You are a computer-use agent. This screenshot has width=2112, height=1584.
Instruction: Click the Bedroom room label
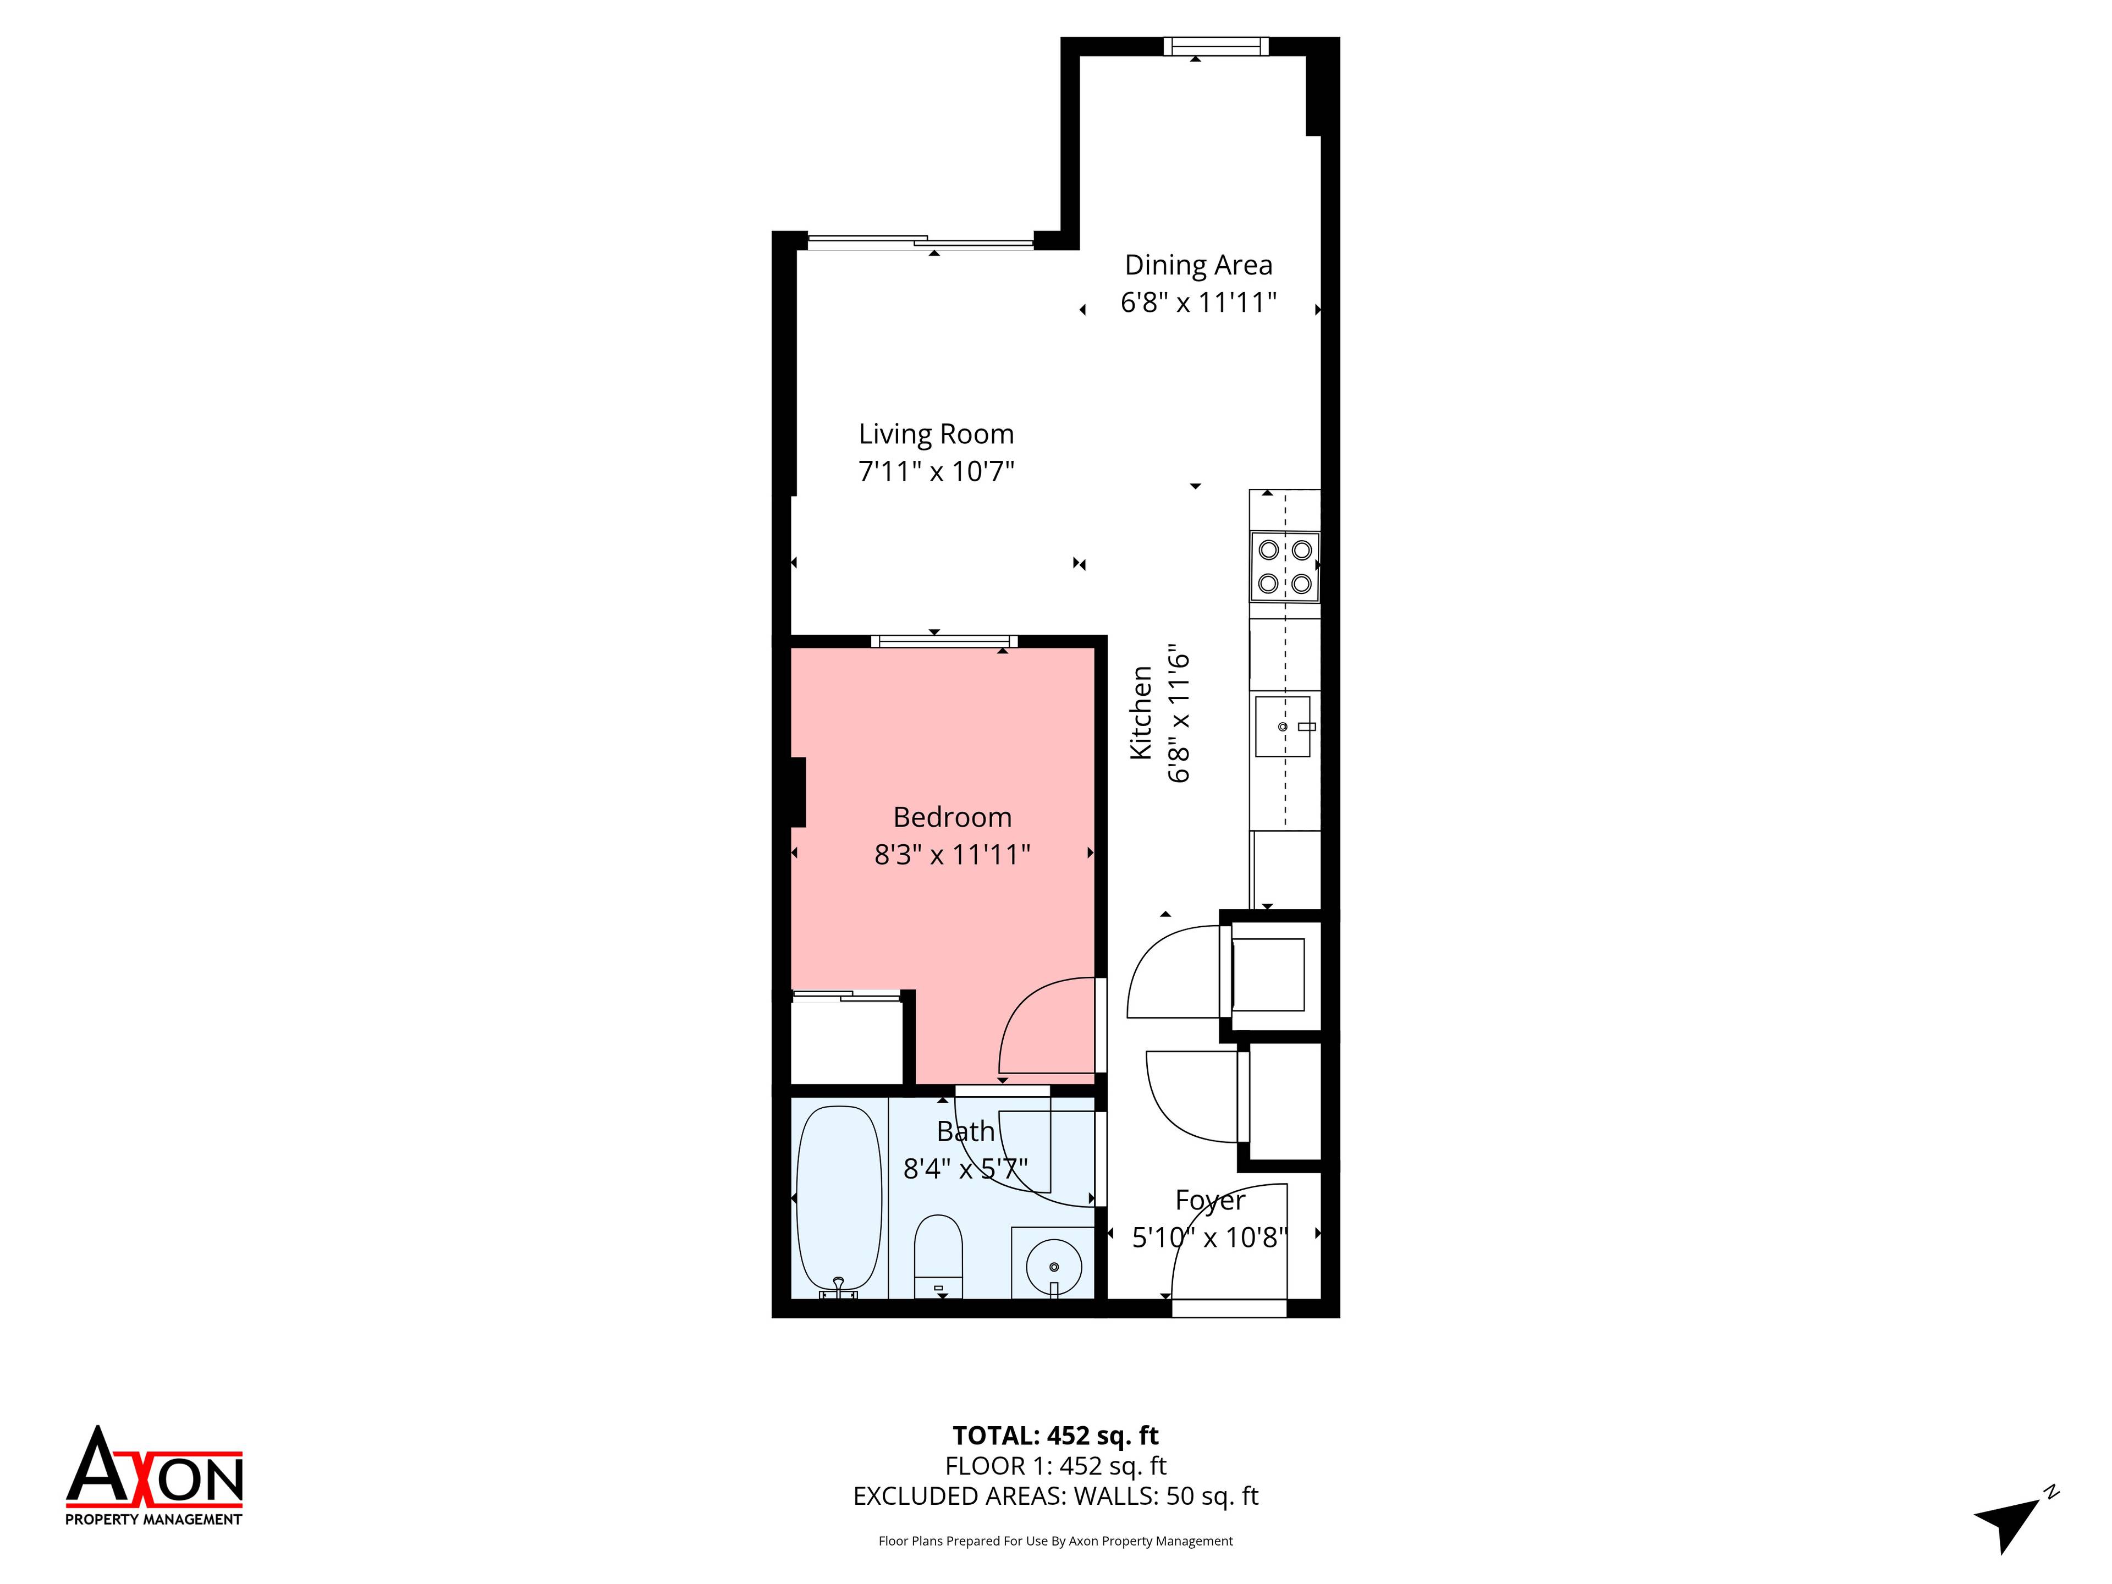click(952, 817)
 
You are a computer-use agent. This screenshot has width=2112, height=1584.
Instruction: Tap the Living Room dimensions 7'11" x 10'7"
click(936, 472)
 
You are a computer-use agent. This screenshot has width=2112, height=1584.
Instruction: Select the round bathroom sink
click(1053, 1266)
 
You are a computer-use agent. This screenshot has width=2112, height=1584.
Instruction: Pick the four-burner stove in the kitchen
click(1284, 566)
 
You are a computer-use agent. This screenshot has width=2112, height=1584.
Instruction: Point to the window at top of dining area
click(1215, 46)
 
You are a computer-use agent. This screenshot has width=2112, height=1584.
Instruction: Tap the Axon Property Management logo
click(153, 1478)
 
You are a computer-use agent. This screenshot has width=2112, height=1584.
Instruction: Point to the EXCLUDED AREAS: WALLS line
click(1055, 1496)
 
